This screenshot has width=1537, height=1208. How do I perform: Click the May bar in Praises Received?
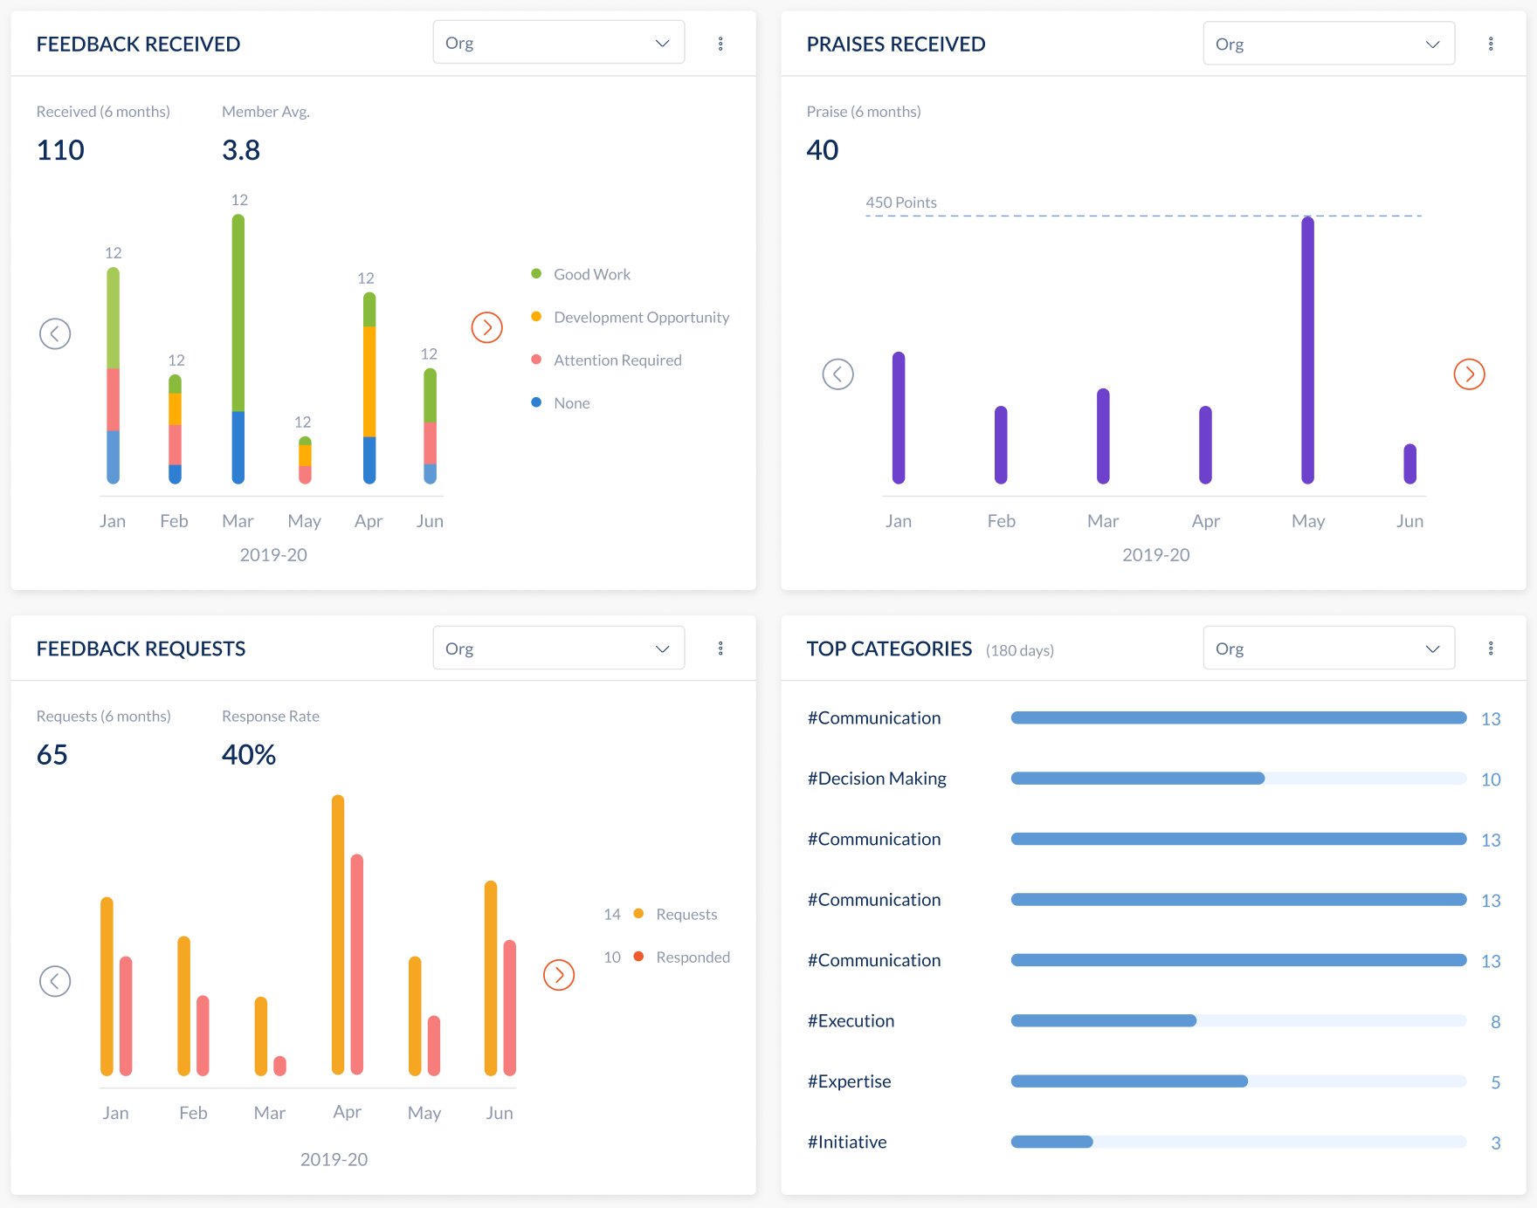[1307, 349]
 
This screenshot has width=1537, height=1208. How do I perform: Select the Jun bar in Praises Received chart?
[1409, 463]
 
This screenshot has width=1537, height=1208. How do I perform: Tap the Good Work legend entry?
[591, 274]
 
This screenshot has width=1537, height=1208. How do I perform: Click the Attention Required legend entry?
[617, 360]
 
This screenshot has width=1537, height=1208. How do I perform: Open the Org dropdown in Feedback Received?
[558, 43]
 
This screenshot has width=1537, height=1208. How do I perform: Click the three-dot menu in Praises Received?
[1491, 44]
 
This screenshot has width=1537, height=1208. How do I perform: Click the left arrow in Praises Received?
[837, 374]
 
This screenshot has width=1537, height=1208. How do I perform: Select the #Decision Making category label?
[876, 779]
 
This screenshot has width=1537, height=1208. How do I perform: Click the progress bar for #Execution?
[1237, 1020]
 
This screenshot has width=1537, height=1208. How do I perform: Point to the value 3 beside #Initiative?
[1495, 1143]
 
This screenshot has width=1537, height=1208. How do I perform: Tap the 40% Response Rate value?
[249, 754]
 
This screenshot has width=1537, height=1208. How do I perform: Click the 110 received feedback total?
[60, 150]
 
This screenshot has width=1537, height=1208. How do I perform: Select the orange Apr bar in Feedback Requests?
[338, 934]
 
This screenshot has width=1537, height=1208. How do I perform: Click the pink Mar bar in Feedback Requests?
[279, 1066]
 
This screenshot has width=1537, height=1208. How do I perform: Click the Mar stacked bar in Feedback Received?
[238, 349]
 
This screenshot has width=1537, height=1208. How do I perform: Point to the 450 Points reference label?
[900, 202]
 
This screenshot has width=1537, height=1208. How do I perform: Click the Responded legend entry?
[692, 957]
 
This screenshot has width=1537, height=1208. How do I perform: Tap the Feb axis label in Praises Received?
[1001, 521]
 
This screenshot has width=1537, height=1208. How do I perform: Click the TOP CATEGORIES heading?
[888, 649]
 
